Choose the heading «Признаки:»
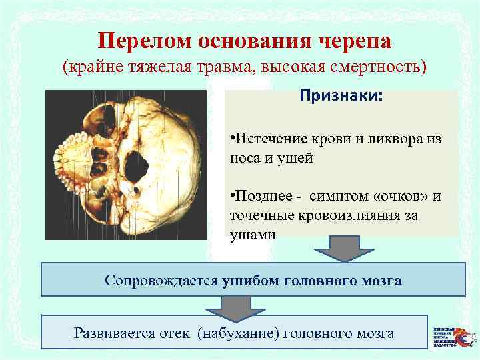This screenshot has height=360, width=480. click(341, 97)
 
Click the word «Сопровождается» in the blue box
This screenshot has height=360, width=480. click(161, 280)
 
